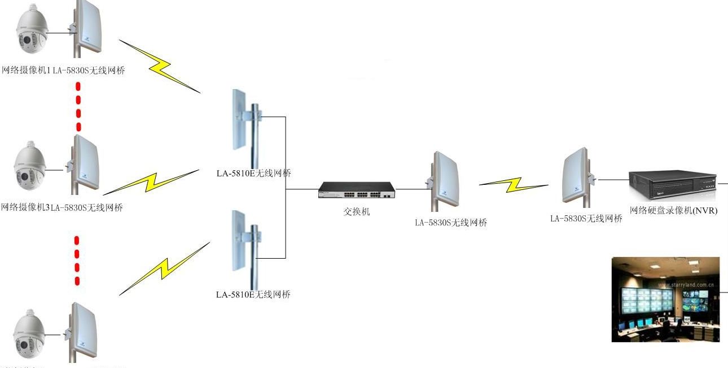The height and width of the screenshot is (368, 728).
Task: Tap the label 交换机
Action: pos(357,212)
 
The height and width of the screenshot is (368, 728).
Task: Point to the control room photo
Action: pos(665,299)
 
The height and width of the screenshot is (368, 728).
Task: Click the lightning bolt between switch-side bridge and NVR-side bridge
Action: pos(514,184)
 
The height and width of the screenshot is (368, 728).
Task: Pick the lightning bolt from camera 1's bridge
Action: pos(160,65)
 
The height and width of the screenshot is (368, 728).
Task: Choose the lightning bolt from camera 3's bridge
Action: pos(151,181)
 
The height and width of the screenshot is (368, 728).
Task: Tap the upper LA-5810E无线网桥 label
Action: pos(254,174)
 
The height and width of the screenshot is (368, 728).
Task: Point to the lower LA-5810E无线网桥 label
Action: pos(253,295)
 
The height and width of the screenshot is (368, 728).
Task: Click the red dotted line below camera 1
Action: pos(78,107)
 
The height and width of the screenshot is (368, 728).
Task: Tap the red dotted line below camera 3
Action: pos(77,261)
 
